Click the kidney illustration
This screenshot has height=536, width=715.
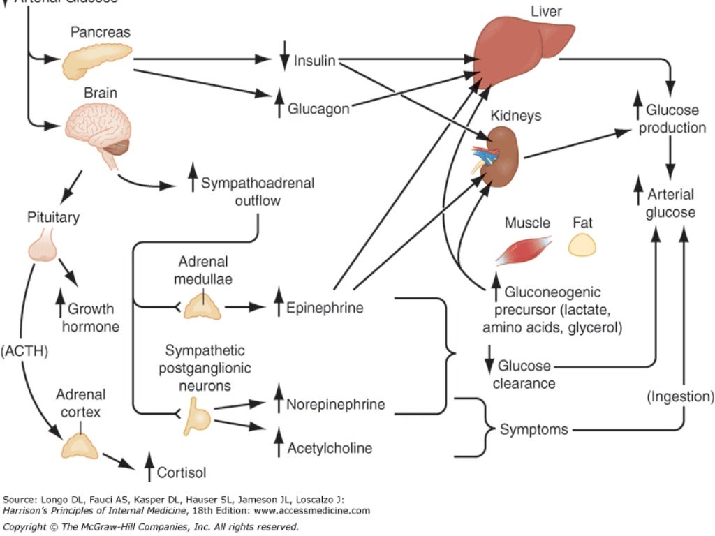(x=500, y=155)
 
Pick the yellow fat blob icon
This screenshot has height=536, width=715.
(x=582, y=246)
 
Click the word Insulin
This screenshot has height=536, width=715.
(x=314, y=61)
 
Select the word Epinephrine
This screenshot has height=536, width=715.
(x=325, y=308)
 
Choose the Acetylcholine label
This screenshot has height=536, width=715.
(x=330, y=447)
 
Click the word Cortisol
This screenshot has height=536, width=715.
(x=182, y=472)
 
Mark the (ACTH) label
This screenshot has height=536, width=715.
(x=24, y=351)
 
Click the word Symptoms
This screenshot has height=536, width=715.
(x=533, y=429)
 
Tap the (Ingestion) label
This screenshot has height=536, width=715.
(x=680, y=396)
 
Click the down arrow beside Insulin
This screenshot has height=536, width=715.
(x=283, y=60)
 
